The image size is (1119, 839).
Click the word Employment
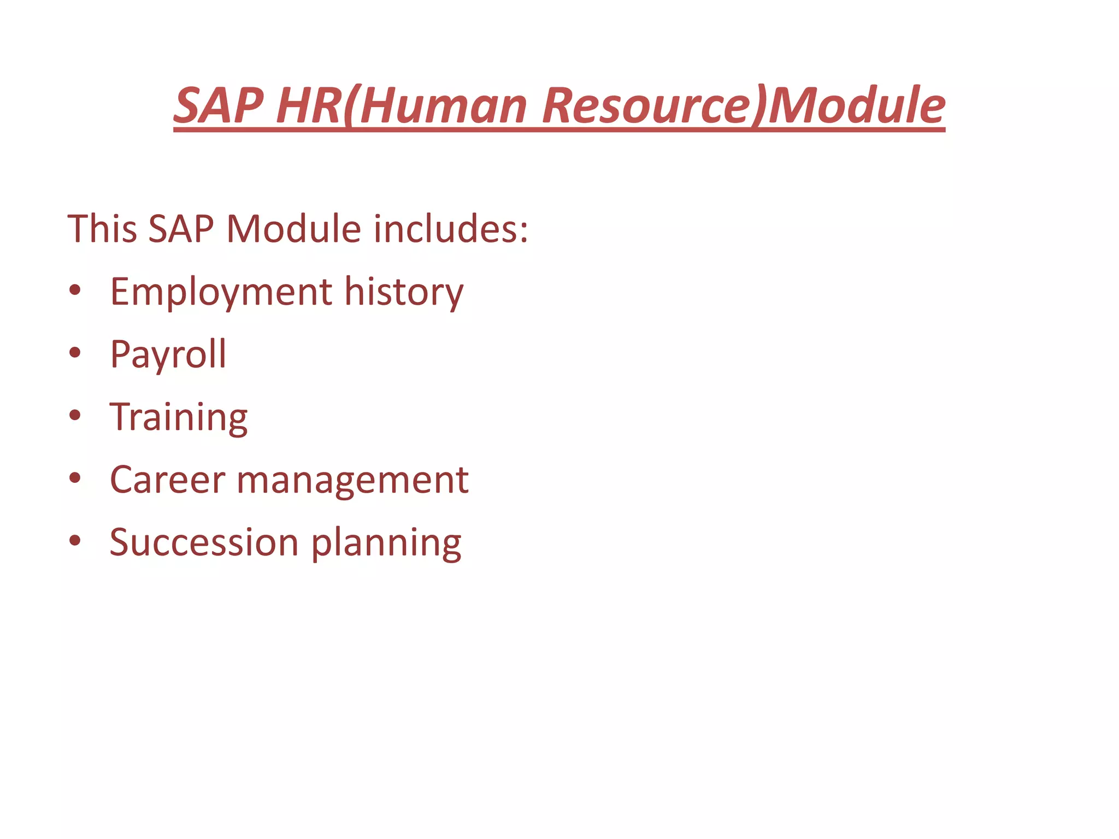tap(221, 292)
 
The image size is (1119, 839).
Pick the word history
tap(404, 292)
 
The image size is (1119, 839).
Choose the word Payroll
tap(168, 355)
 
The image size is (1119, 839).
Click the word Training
tap(179, 418)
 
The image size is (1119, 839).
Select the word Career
tap(167, 480)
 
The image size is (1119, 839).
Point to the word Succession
tap(204, 542)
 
